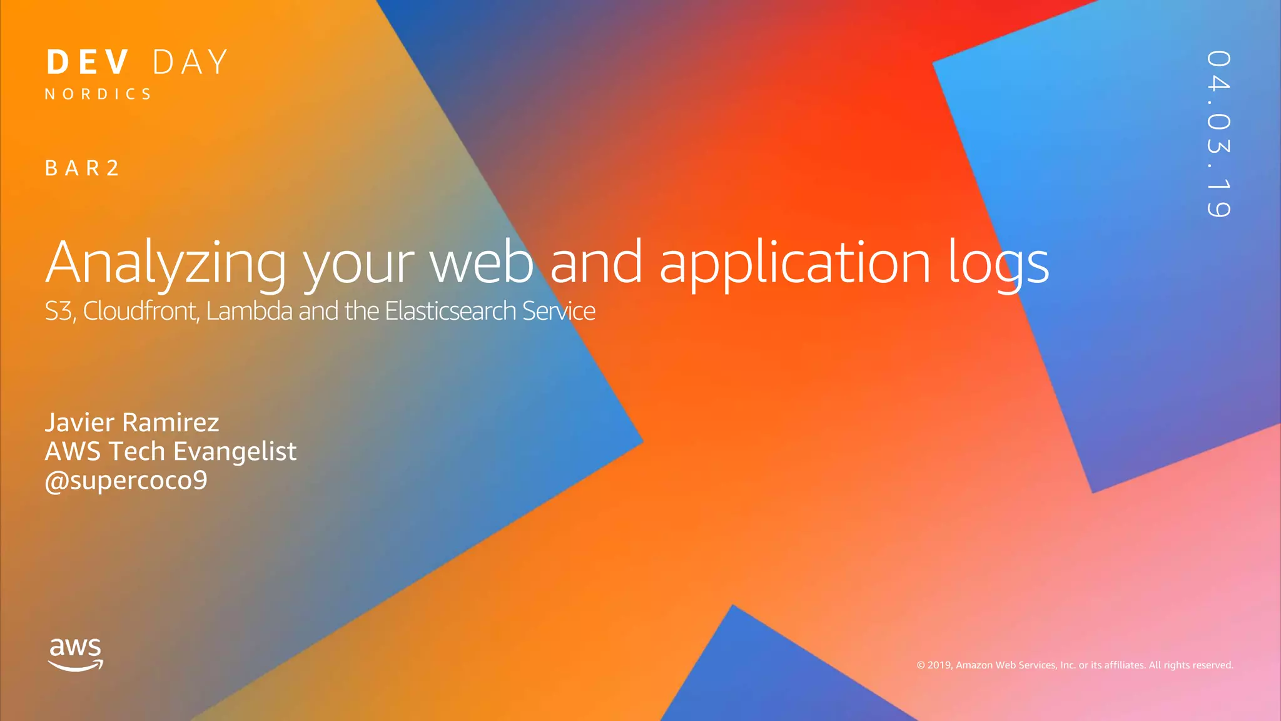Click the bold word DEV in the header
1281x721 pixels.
[x=88, y=63]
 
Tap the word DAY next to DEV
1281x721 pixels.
[x=190, y=63]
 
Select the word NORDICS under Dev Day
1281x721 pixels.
[x=98, y=95]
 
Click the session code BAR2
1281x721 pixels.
[x=82, y=168]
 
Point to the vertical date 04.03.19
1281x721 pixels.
[x=1218, y=134]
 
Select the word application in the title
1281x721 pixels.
[x=795, y=263]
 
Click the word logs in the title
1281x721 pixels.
[x=998, y=263]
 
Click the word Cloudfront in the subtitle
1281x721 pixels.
[x=141, y=311]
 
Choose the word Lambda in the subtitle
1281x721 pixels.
[x=249, y=311]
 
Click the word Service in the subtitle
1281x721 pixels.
[x=559, y=311]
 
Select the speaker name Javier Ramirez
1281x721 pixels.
[x=132, y=422]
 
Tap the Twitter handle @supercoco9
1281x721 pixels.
[x=126, y=481]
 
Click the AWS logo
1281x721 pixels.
[x=76, y=654]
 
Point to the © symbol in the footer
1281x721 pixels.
[x=921, y=665]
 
